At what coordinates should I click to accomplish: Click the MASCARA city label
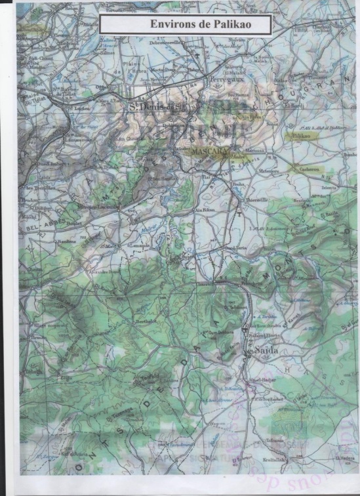click(209, 151)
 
